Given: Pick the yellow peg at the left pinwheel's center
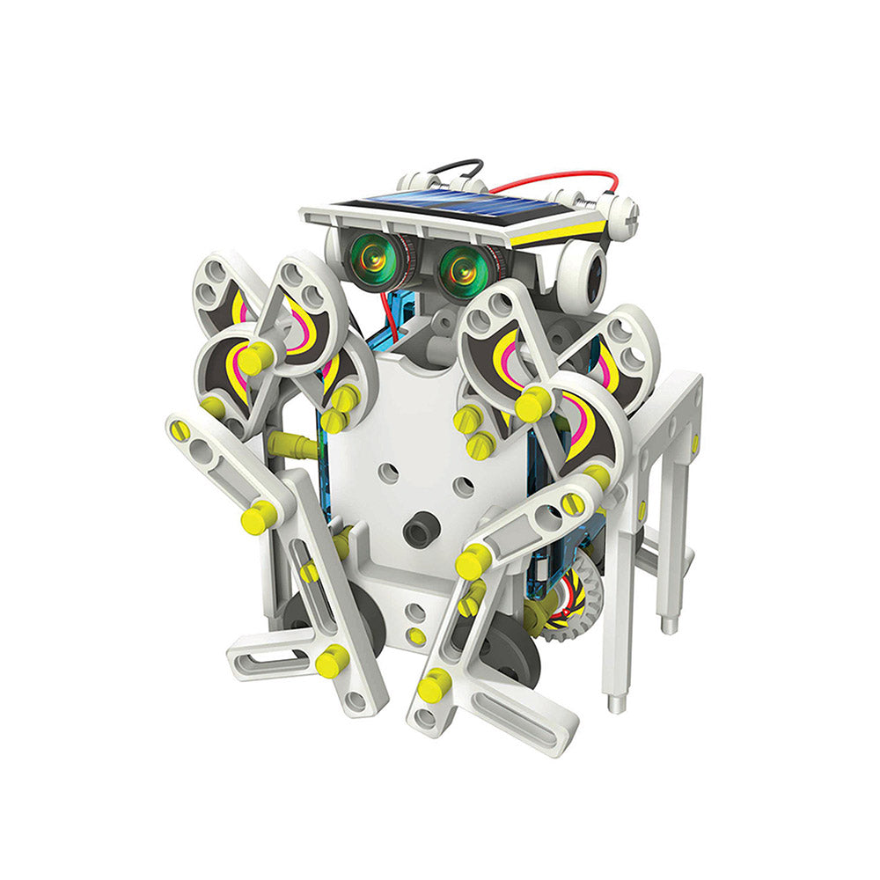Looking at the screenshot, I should click(256, 359).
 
